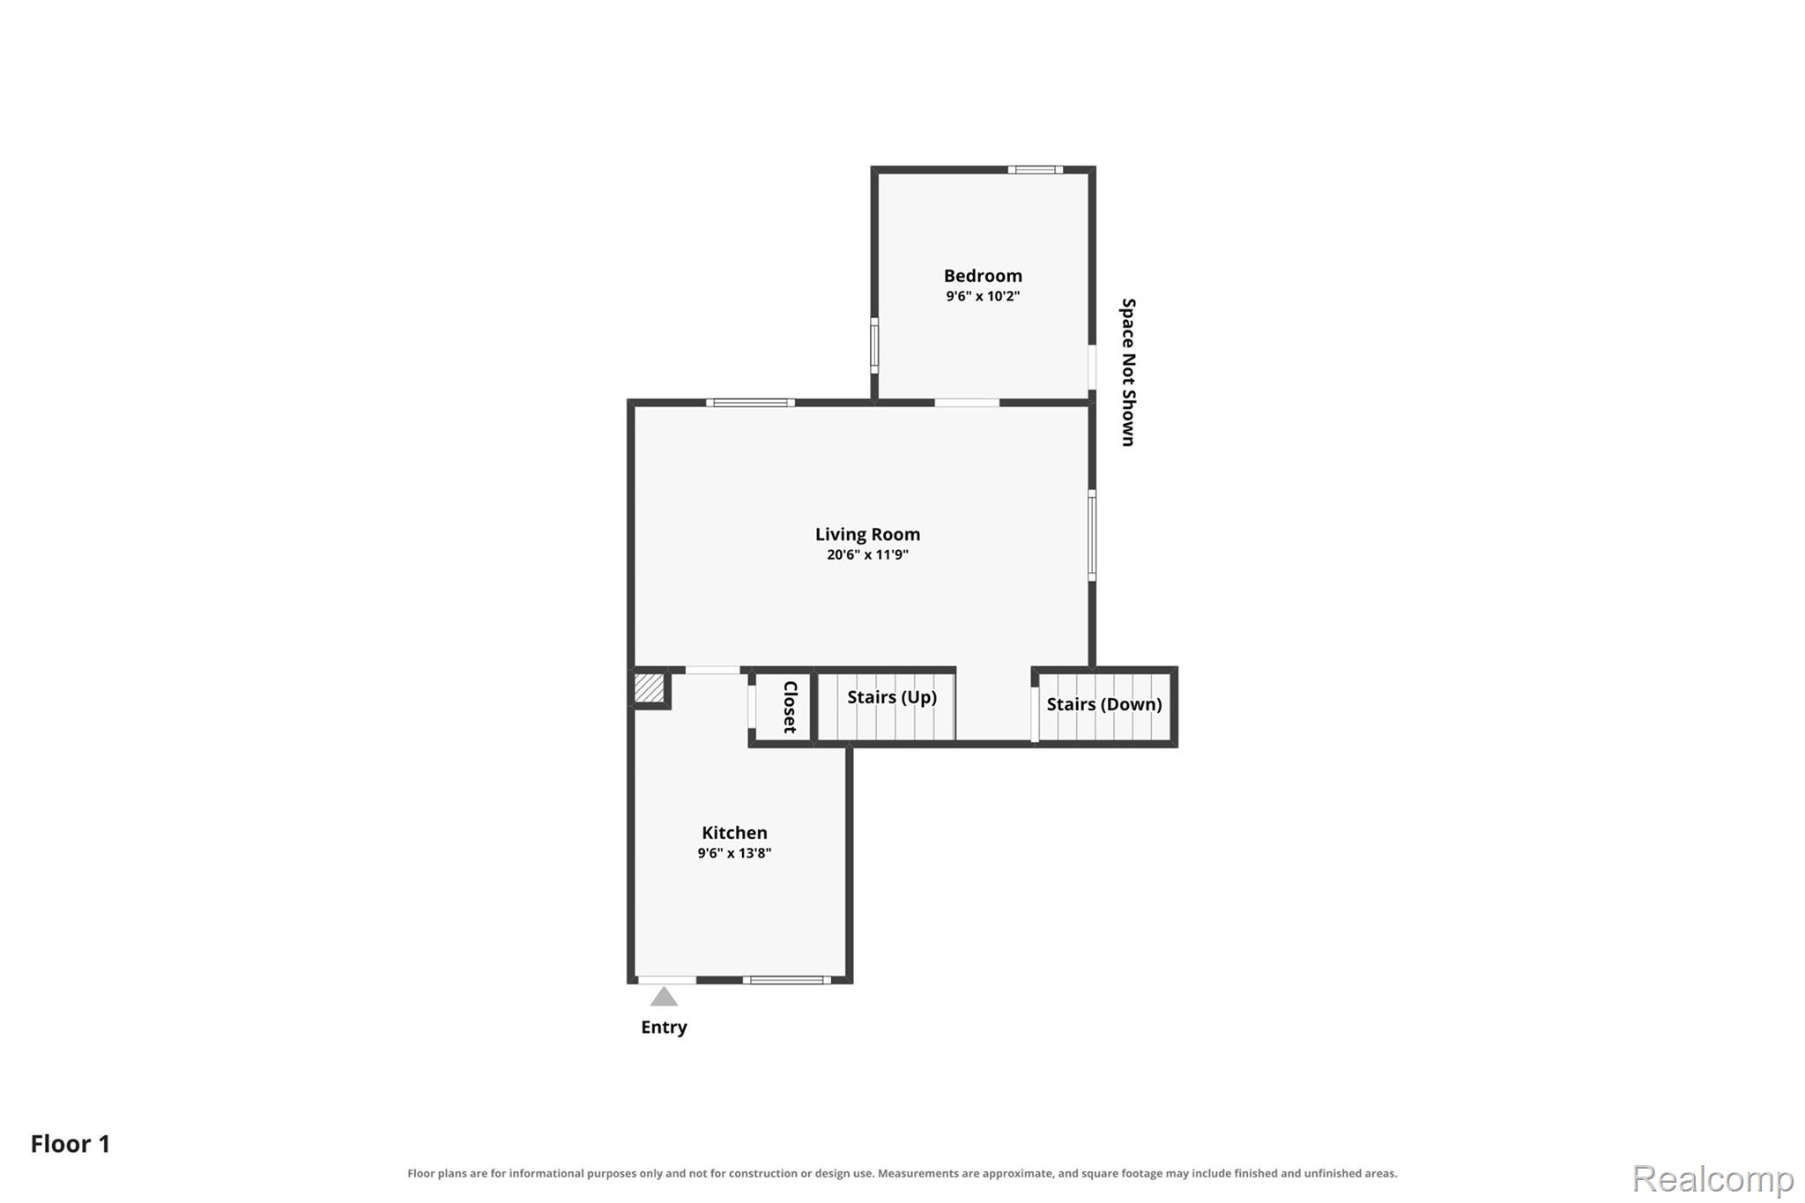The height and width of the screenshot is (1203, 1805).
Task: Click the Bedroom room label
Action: tap(983, 276)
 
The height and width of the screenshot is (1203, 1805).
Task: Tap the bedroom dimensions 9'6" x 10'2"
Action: tap(983, 296)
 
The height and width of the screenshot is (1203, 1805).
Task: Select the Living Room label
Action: tap(867, 534)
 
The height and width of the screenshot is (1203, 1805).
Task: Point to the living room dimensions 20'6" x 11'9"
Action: tap(867, 554)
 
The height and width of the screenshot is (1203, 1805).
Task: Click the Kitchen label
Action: tap(734, 833)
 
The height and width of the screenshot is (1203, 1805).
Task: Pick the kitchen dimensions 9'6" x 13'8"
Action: tap(734, 853)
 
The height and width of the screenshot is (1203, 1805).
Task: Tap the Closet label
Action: tap(791, 707)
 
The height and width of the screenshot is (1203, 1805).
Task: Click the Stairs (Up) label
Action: tap(892, 697)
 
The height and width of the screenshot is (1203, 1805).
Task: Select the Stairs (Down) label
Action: tap(1104, 704)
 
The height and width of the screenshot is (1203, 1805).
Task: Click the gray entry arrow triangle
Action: tap(664, 997)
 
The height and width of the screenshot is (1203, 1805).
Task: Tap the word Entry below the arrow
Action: tap(664, 1027)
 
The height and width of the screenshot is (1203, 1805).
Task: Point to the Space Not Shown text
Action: tap(1128, 372)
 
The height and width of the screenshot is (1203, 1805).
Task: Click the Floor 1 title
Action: tap(71, 1144)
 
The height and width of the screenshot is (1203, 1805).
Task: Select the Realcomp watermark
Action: tap(1712, 1178)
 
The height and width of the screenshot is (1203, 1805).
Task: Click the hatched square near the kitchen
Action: tap(650, 688)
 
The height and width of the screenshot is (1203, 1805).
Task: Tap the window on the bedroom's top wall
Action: tap(1036, 169)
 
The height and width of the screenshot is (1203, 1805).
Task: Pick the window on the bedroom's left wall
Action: tap(874, 345)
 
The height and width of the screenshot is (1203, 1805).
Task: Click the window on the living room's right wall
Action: tap(1092, 536)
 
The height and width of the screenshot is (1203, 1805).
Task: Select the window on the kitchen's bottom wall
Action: tap(786, 980)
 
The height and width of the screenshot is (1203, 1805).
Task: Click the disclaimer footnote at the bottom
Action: tap(902, 1174)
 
